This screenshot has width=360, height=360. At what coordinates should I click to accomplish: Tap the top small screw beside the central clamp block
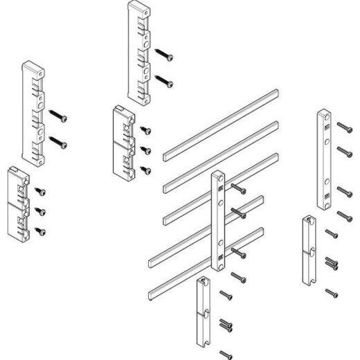tap(145, 129)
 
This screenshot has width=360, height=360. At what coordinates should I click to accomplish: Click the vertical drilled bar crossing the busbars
tap(218, 222)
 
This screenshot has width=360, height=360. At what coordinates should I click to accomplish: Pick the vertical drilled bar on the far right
tap(323, 159)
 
